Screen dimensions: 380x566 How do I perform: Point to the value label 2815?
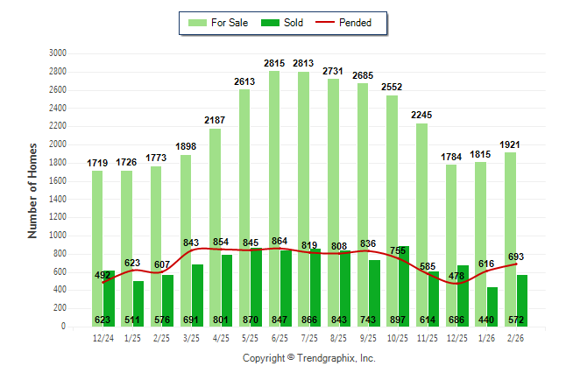[274, 63]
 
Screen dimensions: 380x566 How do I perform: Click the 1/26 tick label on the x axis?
[486, 336]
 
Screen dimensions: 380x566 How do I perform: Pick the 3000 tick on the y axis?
[58, 53]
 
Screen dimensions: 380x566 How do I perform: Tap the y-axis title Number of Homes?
[32, 190]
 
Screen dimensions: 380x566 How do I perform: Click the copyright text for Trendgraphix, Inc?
[308, 358]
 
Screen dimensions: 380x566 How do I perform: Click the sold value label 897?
[399, 320]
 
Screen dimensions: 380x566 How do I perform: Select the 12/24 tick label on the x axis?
[103, 336]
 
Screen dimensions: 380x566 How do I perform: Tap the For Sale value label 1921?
[510, 144]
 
